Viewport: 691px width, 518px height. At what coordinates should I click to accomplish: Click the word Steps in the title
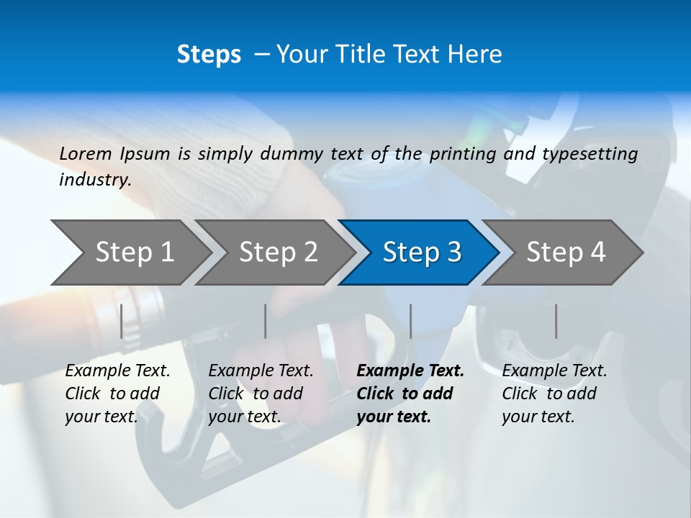(x=209, y=55)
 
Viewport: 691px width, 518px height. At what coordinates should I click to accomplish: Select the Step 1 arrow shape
(x=130, y=252)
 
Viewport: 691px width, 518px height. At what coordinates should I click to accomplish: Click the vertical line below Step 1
(x=122, y=321)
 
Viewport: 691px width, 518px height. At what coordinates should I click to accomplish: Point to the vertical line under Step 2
(x=266, y=321)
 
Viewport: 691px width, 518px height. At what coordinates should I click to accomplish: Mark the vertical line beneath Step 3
(x=411, y=321)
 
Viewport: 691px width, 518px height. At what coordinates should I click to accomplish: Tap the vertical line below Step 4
(x=556, y=321)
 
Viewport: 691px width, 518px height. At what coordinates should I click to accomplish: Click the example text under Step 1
(x=117, y=394)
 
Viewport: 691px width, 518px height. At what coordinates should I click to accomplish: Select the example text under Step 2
(x=261, y=394)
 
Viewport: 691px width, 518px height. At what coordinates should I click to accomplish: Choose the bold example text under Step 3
(x=410, y=394)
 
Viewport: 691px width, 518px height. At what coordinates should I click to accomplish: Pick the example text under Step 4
(x=554, y=394)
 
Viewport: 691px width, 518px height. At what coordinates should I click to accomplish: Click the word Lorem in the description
(x=86, y=154)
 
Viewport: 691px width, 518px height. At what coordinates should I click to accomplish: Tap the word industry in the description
(x=94, y=180)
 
